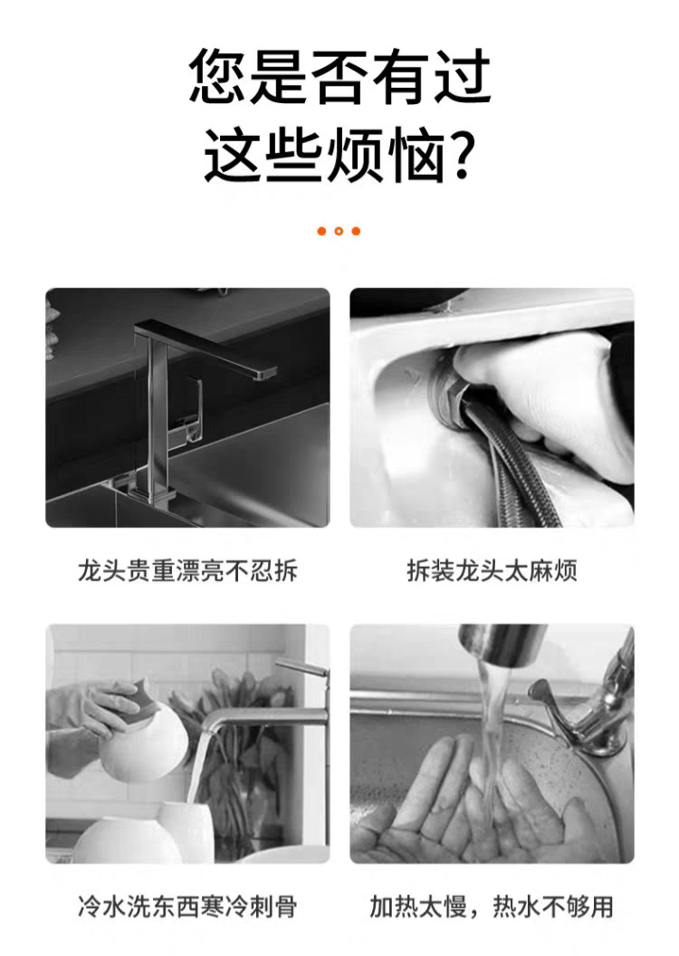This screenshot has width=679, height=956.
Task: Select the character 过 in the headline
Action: click(x=462, y=76)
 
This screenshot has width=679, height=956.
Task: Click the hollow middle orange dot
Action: click(x=339, y=231)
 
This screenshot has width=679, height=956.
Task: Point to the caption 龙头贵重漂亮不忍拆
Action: click(x=187, y=570)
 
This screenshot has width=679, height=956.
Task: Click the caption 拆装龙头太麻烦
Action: click(x=492, y=570)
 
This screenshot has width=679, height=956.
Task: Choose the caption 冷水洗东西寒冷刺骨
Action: click(x=187, y=906)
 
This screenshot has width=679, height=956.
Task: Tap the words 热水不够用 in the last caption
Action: click(x=553, y=906)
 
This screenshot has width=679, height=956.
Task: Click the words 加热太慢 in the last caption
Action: click(x=418, y=906)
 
